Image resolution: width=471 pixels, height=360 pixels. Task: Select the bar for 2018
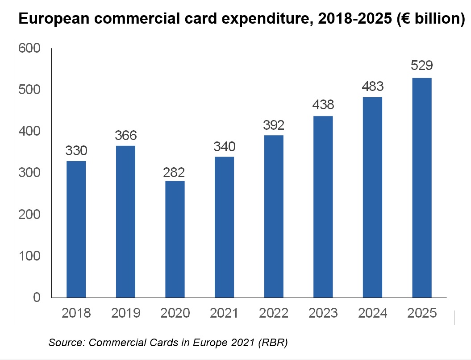point(76,229)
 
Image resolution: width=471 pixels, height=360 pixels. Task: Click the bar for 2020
point(175,239)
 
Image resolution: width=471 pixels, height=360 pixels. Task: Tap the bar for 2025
point(422,187)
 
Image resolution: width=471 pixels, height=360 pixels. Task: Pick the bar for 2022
point(274,216)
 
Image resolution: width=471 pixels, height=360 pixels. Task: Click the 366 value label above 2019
point(125,136)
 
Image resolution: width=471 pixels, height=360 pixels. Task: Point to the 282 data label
point(175,172)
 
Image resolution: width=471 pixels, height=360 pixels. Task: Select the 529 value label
point(422,66)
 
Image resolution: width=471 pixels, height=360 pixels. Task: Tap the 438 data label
point(323,105)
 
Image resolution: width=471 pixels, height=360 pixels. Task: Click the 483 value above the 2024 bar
point(372,87)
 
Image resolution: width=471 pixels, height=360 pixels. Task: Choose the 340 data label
point(224,147)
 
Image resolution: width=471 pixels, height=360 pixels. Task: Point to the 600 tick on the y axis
point(30,48)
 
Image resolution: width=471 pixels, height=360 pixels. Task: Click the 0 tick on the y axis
point(37,298)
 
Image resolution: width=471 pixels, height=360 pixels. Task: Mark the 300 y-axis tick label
point(30,173)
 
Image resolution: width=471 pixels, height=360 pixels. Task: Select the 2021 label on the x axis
point(224,313)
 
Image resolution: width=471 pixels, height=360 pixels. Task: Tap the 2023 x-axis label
point(323,313)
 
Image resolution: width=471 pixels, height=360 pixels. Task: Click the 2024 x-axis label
point(372,313)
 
